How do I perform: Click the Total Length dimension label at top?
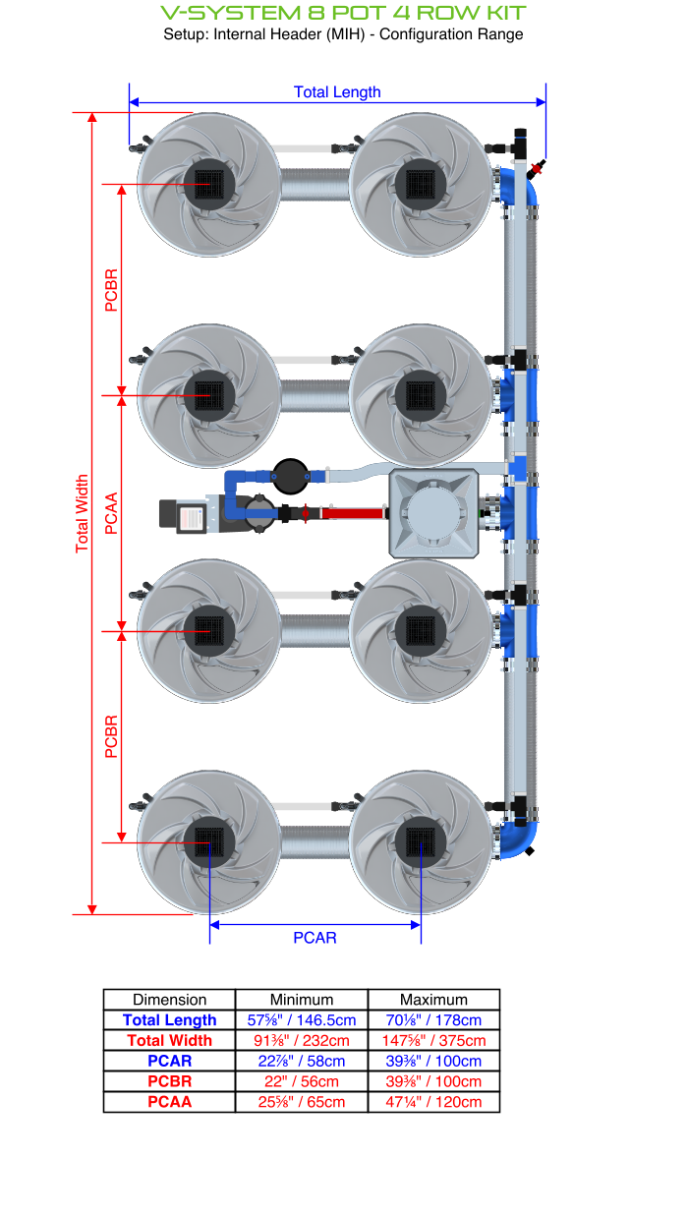[337, 92]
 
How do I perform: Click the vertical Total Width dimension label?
[83, 513]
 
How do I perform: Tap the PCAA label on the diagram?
[111, 513]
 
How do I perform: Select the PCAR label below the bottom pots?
[315, 938]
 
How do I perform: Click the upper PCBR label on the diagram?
[111, 290]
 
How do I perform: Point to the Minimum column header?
[302, 999]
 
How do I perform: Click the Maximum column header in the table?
[433, 999]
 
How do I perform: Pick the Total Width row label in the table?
[169, 1040]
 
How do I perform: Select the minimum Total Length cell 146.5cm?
[302, 1020]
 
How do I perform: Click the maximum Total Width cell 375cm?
[433, 1040]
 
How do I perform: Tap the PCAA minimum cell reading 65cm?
[302, 1102]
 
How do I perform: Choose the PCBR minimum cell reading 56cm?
[302, 1081]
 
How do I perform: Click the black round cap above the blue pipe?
[289, 476]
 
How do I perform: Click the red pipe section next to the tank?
[354, 513]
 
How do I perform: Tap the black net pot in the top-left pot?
[209, 184]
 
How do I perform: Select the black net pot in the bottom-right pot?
[421, 842]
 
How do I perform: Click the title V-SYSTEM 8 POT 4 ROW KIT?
[343, 13]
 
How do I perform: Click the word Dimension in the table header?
[169, 999]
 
